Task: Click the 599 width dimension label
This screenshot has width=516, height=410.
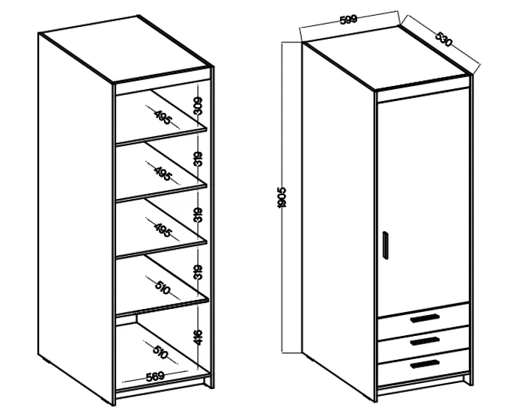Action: (x=347, y=19)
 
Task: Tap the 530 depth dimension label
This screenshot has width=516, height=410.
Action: (x=444, y=39)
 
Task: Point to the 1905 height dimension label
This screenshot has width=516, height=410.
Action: (x=282, y=198)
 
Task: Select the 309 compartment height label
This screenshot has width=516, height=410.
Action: (x=198, y=105)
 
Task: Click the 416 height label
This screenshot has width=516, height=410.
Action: (x=198, y=337)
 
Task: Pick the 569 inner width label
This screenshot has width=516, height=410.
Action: (x=155, y=376)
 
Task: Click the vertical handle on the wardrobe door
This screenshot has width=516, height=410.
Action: (x=386, y=245)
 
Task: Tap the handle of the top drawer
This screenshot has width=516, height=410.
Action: (x=425, y=318)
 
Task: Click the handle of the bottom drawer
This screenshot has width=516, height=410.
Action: (x=425, y=364)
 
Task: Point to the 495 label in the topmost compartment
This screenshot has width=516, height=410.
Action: (x=163, y=117)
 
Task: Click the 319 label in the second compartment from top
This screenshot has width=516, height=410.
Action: (x=198, y=159)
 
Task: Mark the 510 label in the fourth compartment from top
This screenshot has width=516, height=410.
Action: (x=163, y=288)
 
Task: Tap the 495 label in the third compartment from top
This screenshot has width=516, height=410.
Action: (x=163, y=230)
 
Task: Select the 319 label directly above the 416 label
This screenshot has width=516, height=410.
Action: (x=198, y=272)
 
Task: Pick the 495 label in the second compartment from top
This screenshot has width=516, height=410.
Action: (x=163, y=174)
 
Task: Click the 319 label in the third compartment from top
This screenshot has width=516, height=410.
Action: (x=198, y=215)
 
